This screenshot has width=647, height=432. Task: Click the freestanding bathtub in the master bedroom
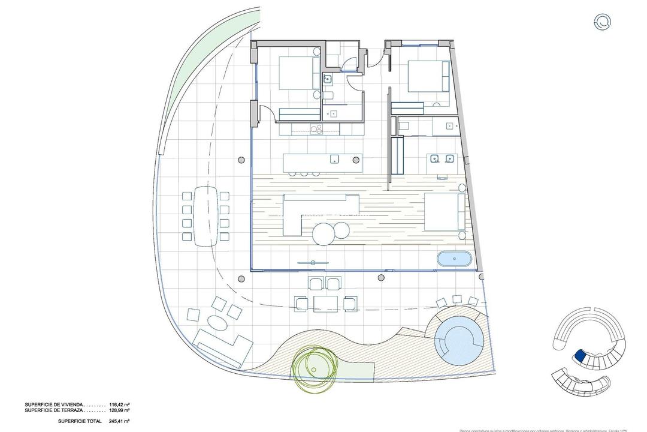[x=455, y=259]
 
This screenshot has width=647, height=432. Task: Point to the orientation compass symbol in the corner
[x=602, y=22]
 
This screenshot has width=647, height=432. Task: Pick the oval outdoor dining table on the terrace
[x=205, y=215]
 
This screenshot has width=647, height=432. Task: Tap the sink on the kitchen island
[x=335, y=159]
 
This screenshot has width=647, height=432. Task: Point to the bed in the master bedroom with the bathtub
[x=444, y=211]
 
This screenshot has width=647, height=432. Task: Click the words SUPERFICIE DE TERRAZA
[x=53, y=411]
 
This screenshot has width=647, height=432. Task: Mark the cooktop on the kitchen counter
[x=316, y=128]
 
